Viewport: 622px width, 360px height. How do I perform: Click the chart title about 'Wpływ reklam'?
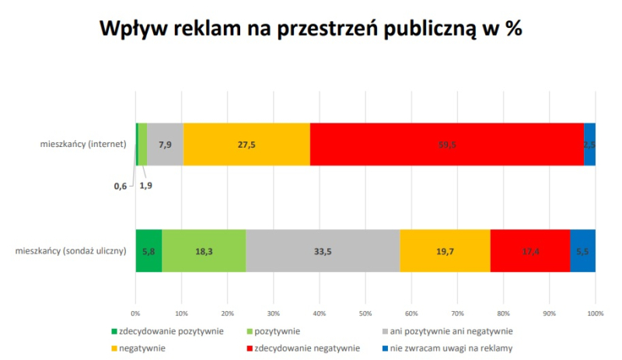click(x=311, y=30)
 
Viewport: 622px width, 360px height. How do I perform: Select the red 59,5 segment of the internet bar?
click(x=446, y=144)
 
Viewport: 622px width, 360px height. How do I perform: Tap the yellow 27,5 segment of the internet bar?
click(x=246, y=144)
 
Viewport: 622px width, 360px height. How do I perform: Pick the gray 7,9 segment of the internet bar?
click(x=165, y=144)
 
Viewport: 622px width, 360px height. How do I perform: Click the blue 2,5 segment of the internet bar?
click(x=589, y=144)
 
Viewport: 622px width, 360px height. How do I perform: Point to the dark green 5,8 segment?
click(x=149, y=250)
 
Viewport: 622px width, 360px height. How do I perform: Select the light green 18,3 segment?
click(x=204, y=250)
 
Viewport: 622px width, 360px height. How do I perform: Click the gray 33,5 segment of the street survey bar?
click(x=323, y=250)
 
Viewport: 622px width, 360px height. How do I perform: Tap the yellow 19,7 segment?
click(x=445, y=250)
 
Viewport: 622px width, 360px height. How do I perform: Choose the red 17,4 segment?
click(x=530, y=250)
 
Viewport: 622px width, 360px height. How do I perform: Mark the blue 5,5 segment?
click(x=582, y=250)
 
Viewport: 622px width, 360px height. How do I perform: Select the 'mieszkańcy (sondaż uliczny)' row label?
click(x=70, y=250)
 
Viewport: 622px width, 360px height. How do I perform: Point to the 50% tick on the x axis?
click(x=365, y=313)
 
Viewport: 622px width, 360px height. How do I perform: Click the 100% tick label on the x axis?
click(x=595, y=313)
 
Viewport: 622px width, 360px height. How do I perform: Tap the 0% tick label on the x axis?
click(x=136, y=313)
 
